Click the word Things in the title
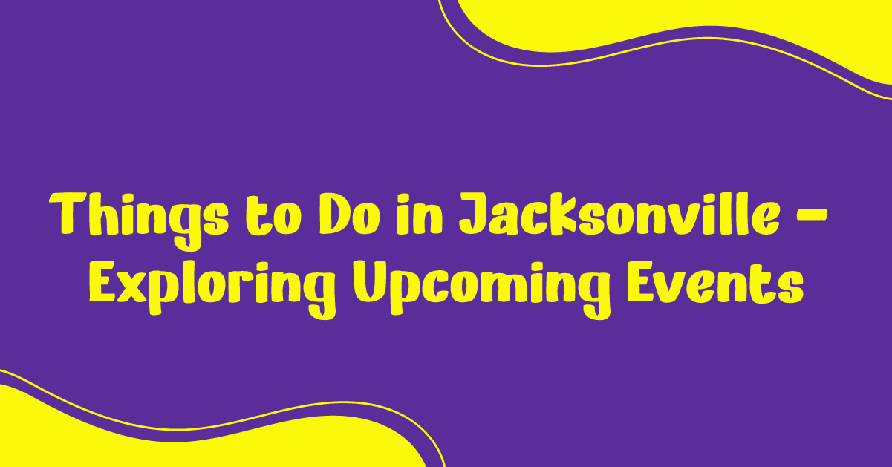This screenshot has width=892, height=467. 139,221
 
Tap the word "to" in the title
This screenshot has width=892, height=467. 273,216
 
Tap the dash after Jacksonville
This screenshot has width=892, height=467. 812,217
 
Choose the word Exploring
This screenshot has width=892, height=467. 212,290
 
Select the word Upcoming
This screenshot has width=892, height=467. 482,290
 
